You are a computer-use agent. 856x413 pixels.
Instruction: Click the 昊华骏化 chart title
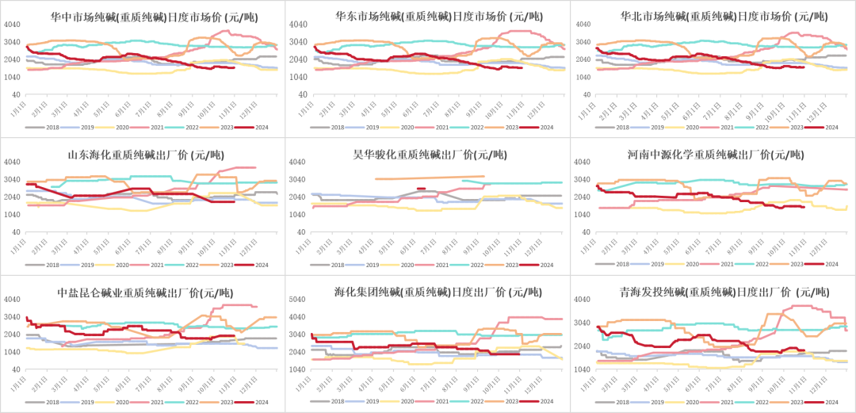pyautogui.click(x=427, y=155)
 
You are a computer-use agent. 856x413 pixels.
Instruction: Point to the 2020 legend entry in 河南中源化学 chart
pyautogui.click(x=691, y=264)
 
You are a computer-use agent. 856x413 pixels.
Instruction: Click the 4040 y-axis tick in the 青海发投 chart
pyautogui.click(x=583, y=300)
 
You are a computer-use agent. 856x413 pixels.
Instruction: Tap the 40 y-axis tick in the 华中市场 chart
pyautogui.click(x=17, y=94)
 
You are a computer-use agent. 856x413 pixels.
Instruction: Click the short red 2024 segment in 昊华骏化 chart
pyautogui.click(x=421, y=189)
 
